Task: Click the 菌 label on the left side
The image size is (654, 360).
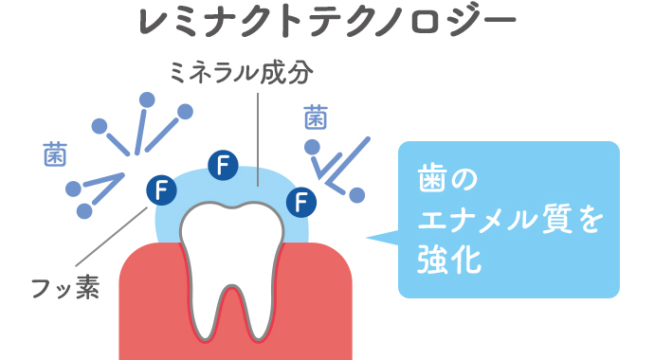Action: (54, 153)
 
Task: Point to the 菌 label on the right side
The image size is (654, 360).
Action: (316, 117)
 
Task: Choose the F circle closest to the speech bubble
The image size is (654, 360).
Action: (300, 200)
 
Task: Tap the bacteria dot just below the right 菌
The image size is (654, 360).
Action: (311, 147)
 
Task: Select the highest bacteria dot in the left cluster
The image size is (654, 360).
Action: (147, 99)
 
